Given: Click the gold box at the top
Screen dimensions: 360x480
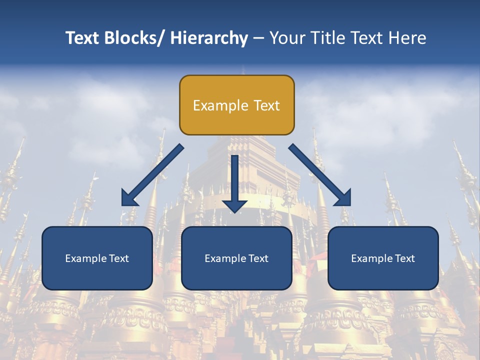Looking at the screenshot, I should tap(236, 105).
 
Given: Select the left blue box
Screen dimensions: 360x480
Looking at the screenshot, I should tap(97, 258).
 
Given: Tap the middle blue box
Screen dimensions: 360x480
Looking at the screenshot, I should tap(236, 258).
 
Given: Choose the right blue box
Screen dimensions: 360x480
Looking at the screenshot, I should tap(383, 258).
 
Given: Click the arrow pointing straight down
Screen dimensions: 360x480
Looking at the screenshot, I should tap(235, 182).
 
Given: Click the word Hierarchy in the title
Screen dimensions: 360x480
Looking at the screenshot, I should tap(209, 38).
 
